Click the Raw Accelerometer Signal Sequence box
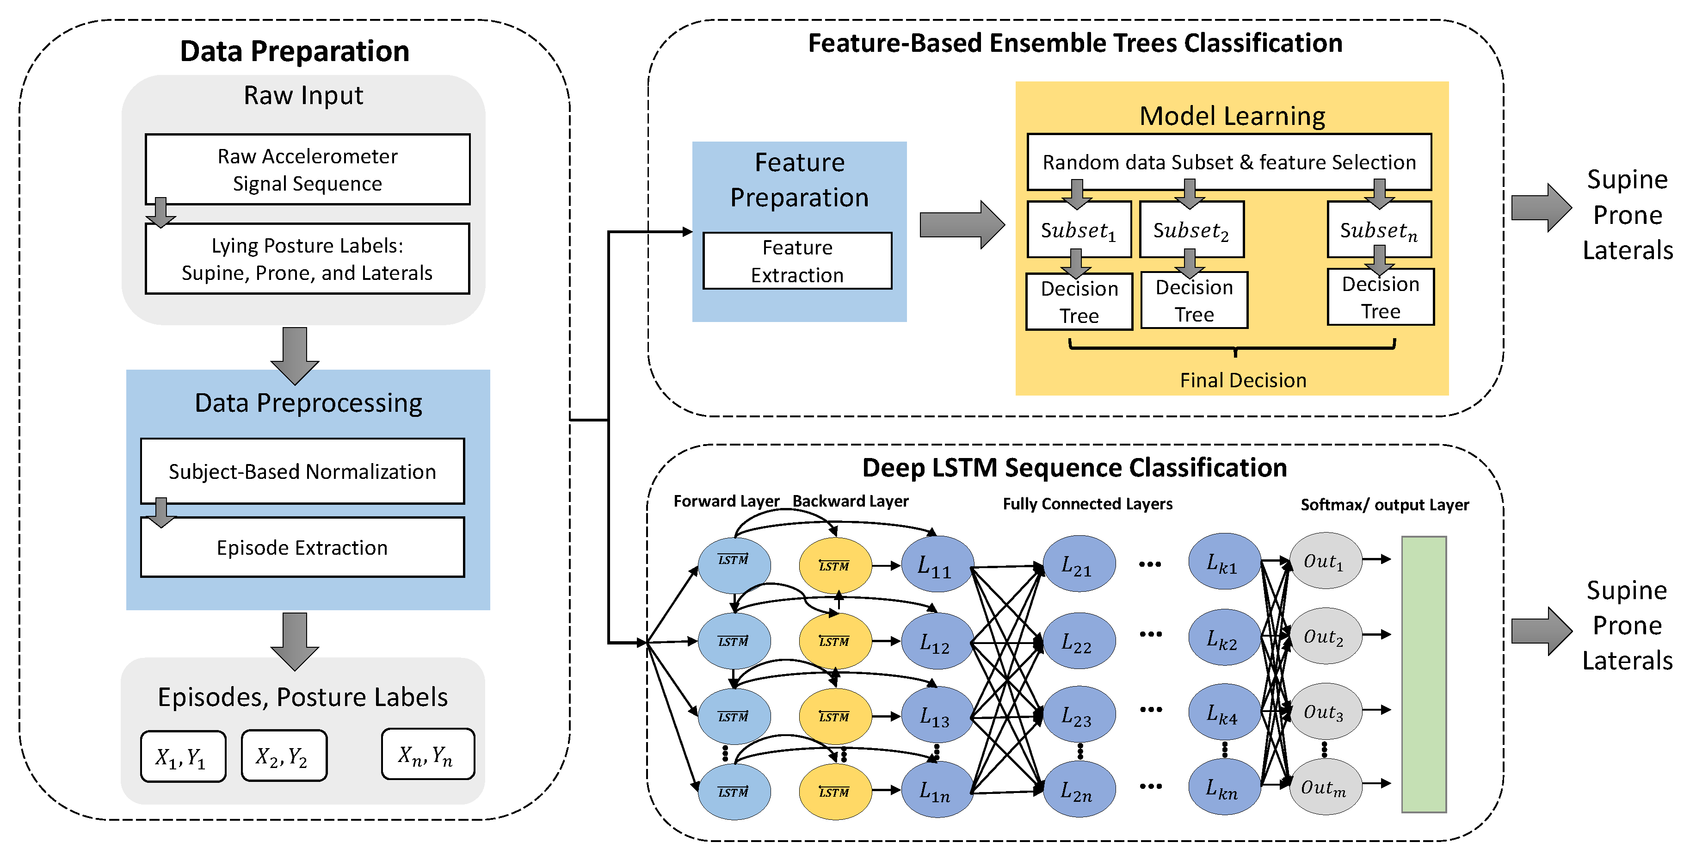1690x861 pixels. [307, 169]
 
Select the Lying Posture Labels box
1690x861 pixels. [307, 259]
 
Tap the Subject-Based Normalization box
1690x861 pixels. [302, 471]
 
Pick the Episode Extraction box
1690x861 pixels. [302, 547]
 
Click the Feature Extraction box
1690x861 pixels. [797, 261]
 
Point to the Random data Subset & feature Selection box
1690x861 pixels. [1229, 162]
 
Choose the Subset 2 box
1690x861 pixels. [1191, 229]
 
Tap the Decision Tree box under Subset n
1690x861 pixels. [1380, 297]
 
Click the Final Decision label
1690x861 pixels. [1243, 380]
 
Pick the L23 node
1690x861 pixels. [1079, 715]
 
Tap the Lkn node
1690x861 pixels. [1223, 787]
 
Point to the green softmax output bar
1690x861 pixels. [1424, 674]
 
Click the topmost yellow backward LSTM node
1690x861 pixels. [834, 565]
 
